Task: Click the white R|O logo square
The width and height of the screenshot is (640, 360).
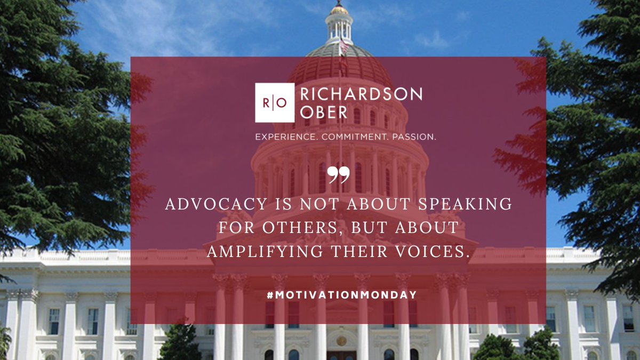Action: (274, 103)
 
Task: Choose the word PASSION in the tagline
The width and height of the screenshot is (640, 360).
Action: (414, 137)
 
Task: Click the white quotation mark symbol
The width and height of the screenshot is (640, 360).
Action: (338, 174)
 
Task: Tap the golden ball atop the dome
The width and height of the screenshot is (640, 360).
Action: (338, 9)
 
